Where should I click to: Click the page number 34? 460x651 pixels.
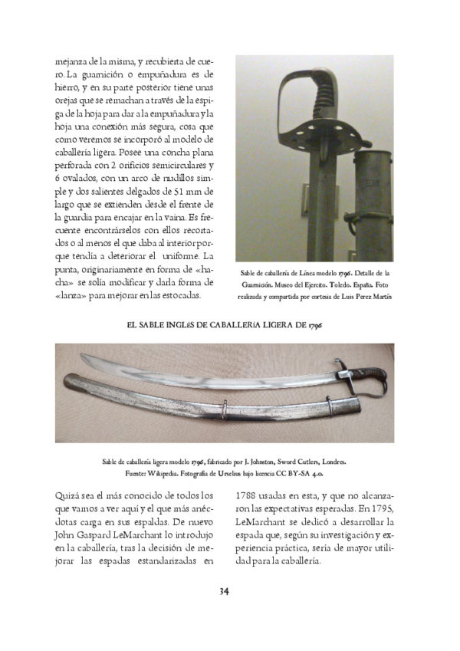[x=225, y=590]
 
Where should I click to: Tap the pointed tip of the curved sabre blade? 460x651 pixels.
[x=68, y=367]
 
